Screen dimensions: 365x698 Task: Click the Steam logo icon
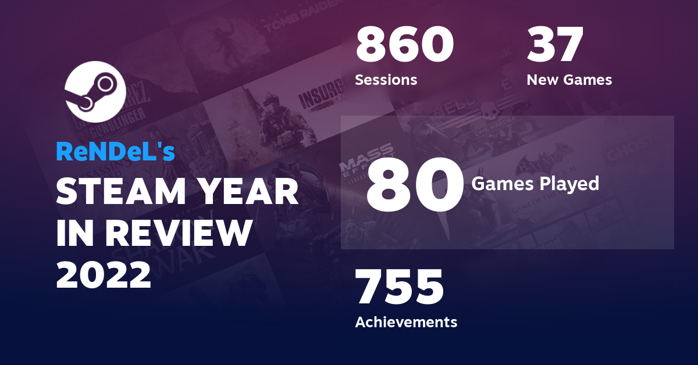[x=95, y=91]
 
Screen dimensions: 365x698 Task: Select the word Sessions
[x=386, y=80]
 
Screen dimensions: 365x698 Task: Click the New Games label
[x=569, y=80]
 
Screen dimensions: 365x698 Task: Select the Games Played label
[x=535, y=184]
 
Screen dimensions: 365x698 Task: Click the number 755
[x=400, y=287]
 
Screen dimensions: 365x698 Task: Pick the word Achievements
[x=406, y=321]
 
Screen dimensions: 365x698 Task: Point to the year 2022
[x=104, y=274]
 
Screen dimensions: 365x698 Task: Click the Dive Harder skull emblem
[x=487, y=110]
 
